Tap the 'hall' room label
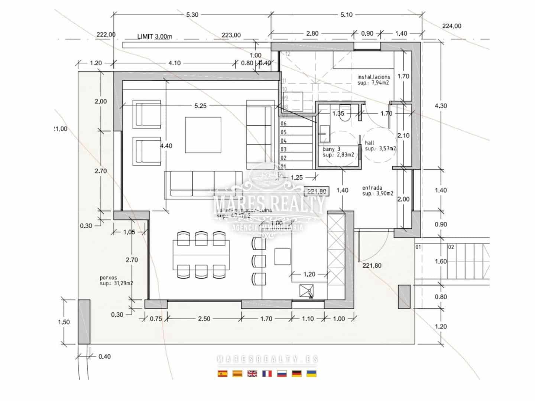coord(369,143)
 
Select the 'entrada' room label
coord(372,188)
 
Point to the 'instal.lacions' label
coord(373,77)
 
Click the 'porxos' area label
coord(108,277)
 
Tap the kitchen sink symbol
coord(307,291)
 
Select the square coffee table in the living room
coord(203,134)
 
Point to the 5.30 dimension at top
coord(192,15)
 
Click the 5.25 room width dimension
coord(200,106)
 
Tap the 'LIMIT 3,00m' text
coord(155,36)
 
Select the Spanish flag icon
coord(223,374)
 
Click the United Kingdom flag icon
coord(252,374)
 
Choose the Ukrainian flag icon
coord(311,374)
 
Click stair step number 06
coord(283,124)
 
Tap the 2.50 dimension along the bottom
coord(204,319)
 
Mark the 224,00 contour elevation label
coord(451,26)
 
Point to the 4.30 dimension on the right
coord(441,106)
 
